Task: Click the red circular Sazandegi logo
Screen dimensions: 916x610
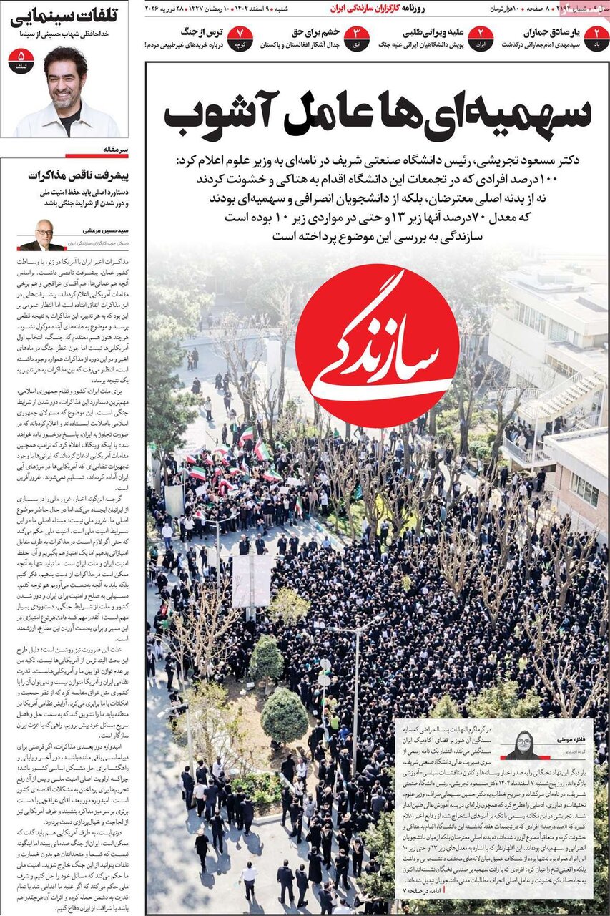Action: click(377, 346)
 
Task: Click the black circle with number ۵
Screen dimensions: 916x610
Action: click(21, 60)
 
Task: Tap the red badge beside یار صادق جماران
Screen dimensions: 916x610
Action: click(596, 38)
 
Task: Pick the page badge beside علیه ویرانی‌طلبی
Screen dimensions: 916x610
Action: click(481, 38)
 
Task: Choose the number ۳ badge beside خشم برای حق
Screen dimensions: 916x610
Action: click(356, 38)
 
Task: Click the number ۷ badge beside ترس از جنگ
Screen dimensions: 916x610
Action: click(240, 38)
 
